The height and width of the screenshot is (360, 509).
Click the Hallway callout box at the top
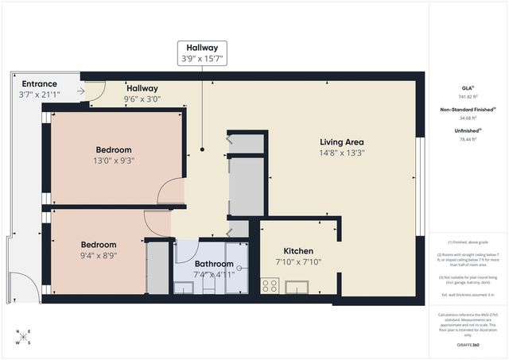(201, 52)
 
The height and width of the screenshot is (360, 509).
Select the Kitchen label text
(298, 251)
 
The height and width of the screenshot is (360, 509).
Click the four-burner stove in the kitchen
(270, 286)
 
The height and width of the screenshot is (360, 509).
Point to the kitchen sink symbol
(301, 286)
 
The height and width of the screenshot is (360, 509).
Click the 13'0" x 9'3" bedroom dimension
(114, 161)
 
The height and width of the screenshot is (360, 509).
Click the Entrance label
(39, 83)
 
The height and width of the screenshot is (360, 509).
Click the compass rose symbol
(24, 337)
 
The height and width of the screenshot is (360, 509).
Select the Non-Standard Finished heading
(468, 110)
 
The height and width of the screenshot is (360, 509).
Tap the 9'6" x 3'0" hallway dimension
(142, 99)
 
